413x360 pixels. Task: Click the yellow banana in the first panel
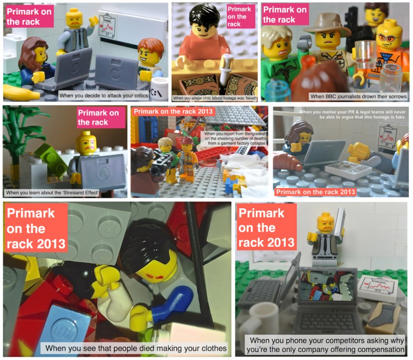[x=20, y=93]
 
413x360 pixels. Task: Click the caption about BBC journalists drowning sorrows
[x=351, y=96]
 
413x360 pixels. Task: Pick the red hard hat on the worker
[x=187, y=141]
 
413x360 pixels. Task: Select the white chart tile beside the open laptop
[x=376, y=287]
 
